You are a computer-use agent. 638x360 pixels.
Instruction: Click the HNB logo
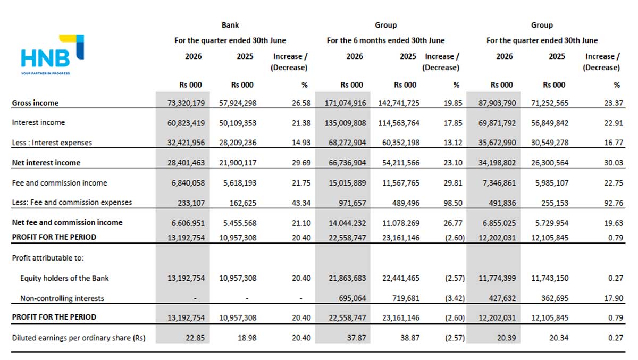[x=53, y=55]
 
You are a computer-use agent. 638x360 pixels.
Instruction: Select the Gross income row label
[x=35, y=103]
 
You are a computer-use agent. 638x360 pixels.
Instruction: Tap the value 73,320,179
[x=186, y=103]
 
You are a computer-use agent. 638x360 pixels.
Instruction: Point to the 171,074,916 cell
[x=345, y=103]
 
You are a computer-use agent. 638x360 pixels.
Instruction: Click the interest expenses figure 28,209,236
[x=238, y=143]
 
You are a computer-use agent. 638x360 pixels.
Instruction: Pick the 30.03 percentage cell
[x=614, y=163]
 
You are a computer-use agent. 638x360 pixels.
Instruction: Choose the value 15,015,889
[x=347, y=183]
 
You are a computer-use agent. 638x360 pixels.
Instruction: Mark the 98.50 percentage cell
[x=453, y=203]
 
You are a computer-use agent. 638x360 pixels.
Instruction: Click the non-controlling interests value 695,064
[x=352, y=298]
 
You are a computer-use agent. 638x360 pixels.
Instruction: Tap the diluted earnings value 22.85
[x=195, y=338]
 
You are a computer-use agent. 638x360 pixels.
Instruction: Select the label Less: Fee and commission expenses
[x=72, y=202]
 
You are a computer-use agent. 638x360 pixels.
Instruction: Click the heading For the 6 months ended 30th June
[x=385, y=40]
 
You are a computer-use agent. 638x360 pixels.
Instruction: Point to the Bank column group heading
[x=230, y=25]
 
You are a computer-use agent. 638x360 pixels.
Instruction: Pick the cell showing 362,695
[x=555, y=298]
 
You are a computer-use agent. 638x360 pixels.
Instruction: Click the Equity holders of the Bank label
[x=64, y=278]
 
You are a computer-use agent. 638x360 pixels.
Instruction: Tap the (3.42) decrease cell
[x=455, y=298]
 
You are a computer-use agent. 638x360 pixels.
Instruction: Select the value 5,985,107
[x=552, y=183]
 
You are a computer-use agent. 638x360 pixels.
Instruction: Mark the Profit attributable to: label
[x=48, y=258]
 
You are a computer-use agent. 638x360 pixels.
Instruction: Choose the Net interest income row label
[x=46, y=163]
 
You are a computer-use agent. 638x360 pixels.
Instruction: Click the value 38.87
[x=410, y=338]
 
